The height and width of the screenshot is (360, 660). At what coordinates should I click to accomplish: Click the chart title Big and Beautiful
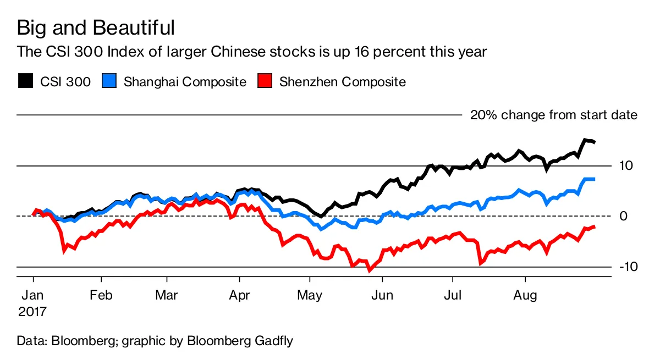(x=96, y=27)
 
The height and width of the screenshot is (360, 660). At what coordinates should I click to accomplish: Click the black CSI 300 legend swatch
(x=25, y=81)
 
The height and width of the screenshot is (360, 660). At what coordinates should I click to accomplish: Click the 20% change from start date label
(x=553, y=115)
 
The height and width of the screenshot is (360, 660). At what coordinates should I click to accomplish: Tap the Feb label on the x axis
(x=101, y=296)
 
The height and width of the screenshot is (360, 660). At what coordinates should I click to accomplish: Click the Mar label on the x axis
(x=167, y=296)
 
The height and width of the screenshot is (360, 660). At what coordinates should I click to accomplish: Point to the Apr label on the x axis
(x=239, y=296)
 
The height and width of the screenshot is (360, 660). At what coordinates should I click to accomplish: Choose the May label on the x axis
(x=310, y=296)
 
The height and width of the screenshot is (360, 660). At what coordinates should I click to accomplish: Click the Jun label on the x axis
(x=382, y=296)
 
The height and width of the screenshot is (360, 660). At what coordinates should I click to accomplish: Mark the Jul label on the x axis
(x=453, y=296)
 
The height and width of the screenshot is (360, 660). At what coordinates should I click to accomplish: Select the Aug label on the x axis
(x=525, y=296)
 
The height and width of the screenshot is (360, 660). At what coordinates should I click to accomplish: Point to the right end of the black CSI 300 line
(x=595, y=142)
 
